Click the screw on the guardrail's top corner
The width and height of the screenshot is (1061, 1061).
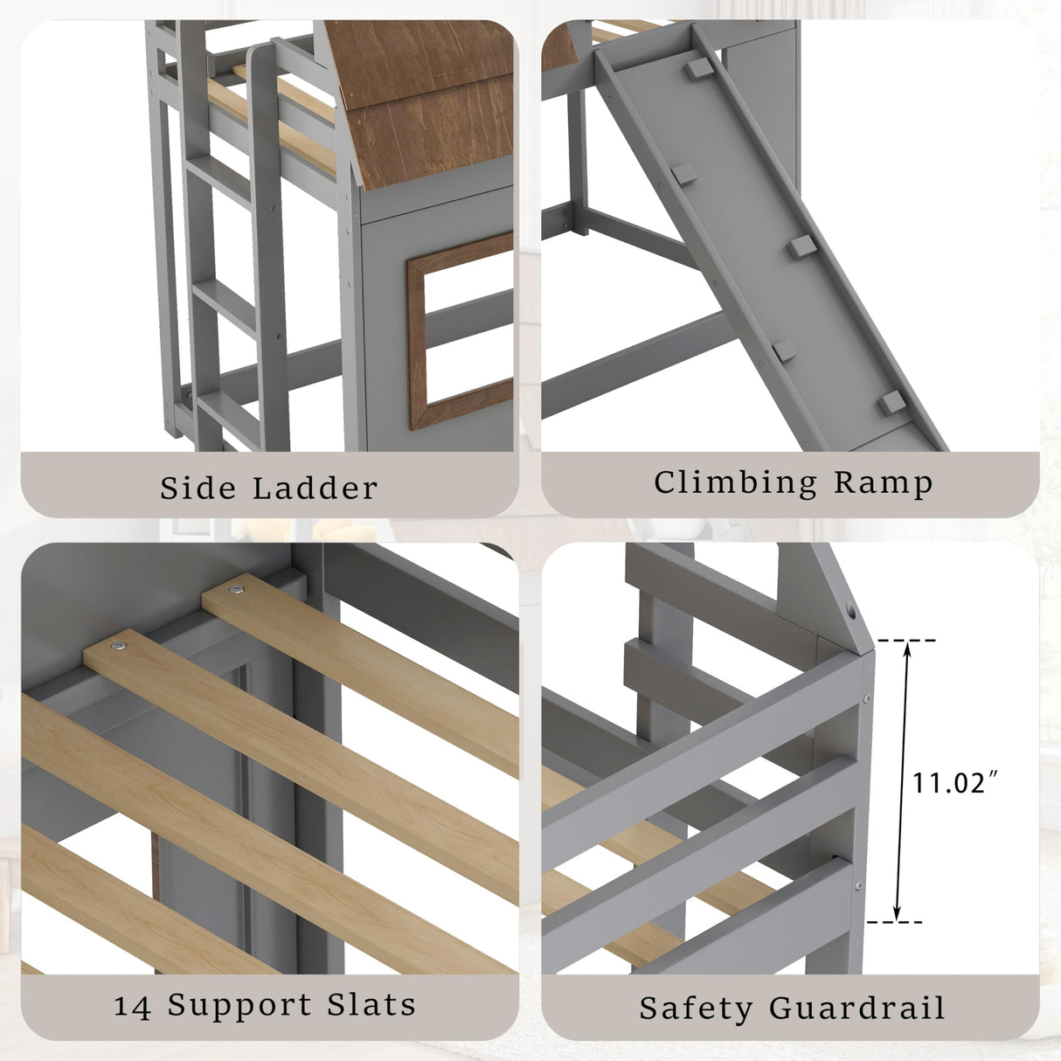[865, 698]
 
